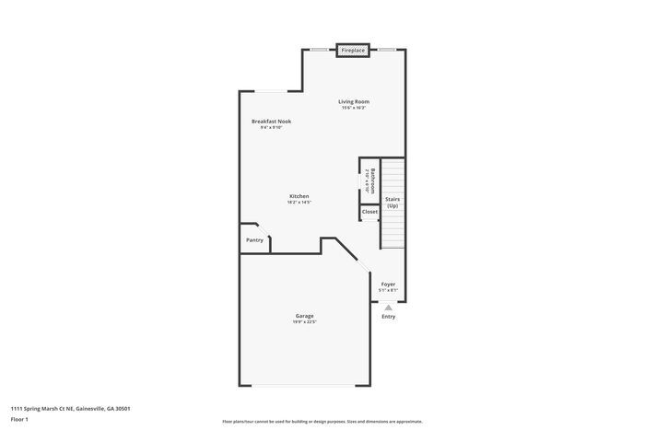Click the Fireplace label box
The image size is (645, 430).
[x=353, y=50]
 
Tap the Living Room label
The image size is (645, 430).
[x=353, y=101]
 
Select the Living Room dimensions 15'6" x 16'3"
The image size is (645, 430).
[x=353, y=109]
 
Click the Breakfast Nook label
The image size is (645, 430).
[x=272, y=121]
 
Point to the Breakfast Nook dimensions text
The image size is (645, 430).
[x=272, y=128]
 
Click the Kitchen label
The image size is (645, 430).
[x=299, y=195]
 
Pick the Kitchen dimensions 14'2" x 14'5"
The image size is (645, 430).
[x=299, y=203]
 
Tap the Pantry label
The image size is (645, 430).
[x=254, y=240]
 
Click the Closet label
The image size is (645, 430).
[x=369, y=212]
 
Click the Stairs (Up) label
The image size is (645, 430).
[x=393, y=202]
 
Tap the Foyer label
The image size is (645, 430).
[x=388, y=284]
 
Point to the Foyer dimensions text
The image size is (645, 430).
[x=388, y=290]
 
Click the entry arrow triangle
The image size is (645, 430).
[x=388, y=308]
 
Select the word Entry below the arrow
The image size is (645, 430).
[x=388, y=317]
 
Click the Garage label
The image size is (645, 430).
[x=304, y=316]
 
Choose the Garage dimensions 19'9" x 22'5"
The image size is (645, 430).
[x=304, y=322]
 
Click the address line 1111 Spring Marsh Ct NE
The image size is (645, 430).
[x=70, y=408]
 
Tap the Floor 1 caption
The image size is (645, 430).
[x=19, y=419]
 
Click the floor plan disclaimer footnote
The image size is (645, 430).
[x=322, y=420]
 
